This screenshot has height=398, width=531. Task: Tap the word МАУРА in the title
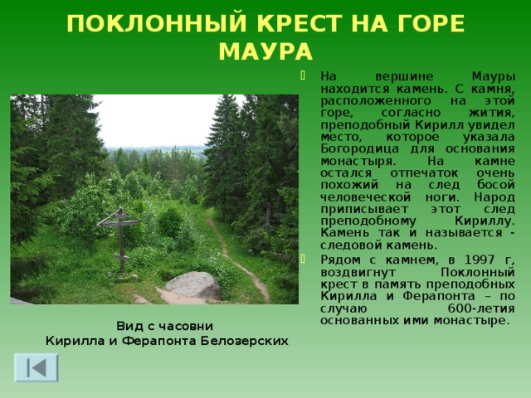[265, 53]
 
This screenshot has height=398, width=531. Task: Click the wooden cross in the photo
[120, 233]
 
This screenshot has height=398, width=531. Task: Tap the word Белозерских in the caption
[248, 340]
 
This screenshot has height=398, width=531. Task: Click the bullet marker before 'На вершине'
[304, 74]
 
